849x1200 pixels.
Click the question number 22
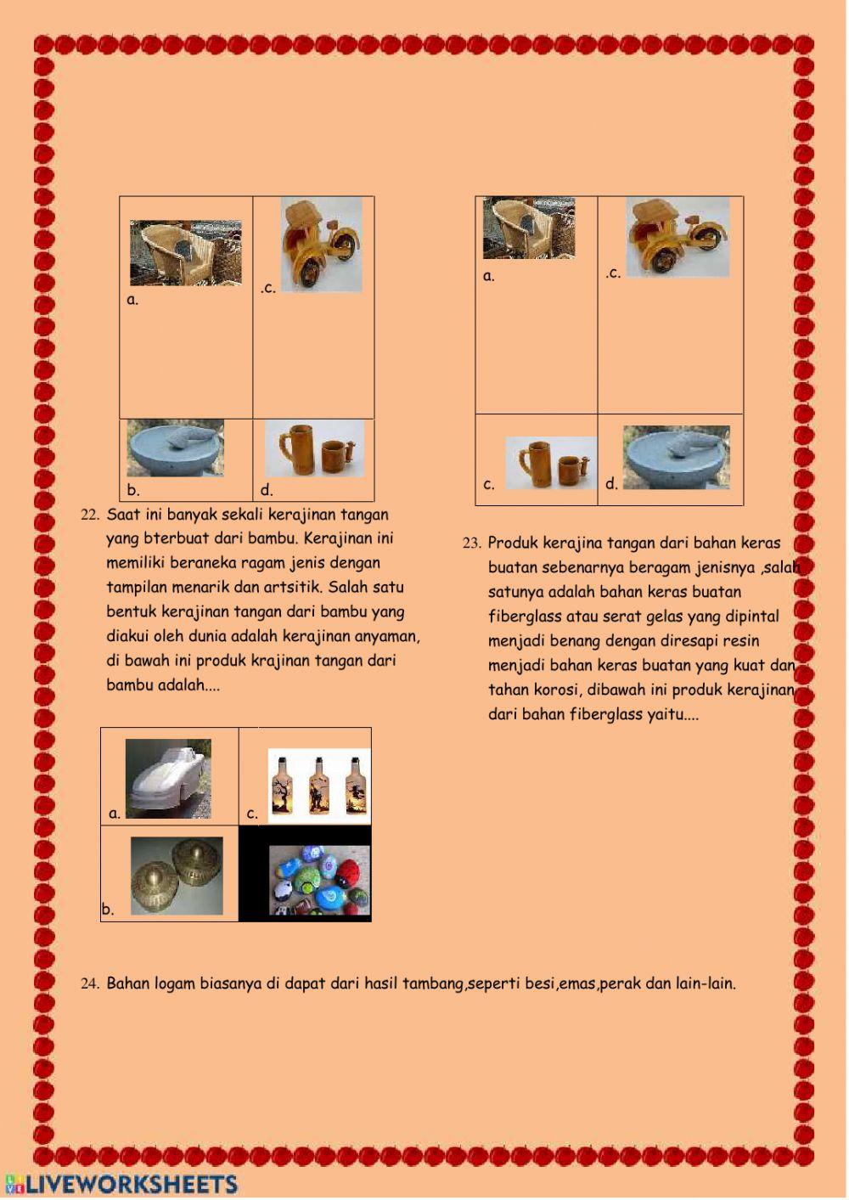point(90,515)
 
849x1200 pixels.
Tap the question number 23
point(472,544)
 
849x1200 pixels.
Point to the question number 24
point(90,984)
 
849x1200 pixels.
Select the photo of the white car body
point(168,778)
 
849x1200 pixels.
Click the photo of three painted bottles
point(319,786)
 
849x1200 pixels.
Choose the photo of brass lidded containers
point(177,876)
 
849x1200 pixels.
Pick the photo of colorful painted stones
point(319,880)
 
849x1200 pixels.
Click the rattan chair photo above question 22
point(185,253)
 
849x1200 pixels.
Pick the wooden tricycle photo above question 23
point(678,237)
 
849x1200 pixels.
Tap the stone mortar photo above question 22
point(176,448)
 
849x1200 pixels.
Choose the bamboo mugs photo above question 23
point(550,463)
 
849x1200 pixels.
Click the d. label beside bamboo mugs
point(267,490)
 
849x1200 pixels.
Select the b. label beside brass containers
point(108,910)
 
